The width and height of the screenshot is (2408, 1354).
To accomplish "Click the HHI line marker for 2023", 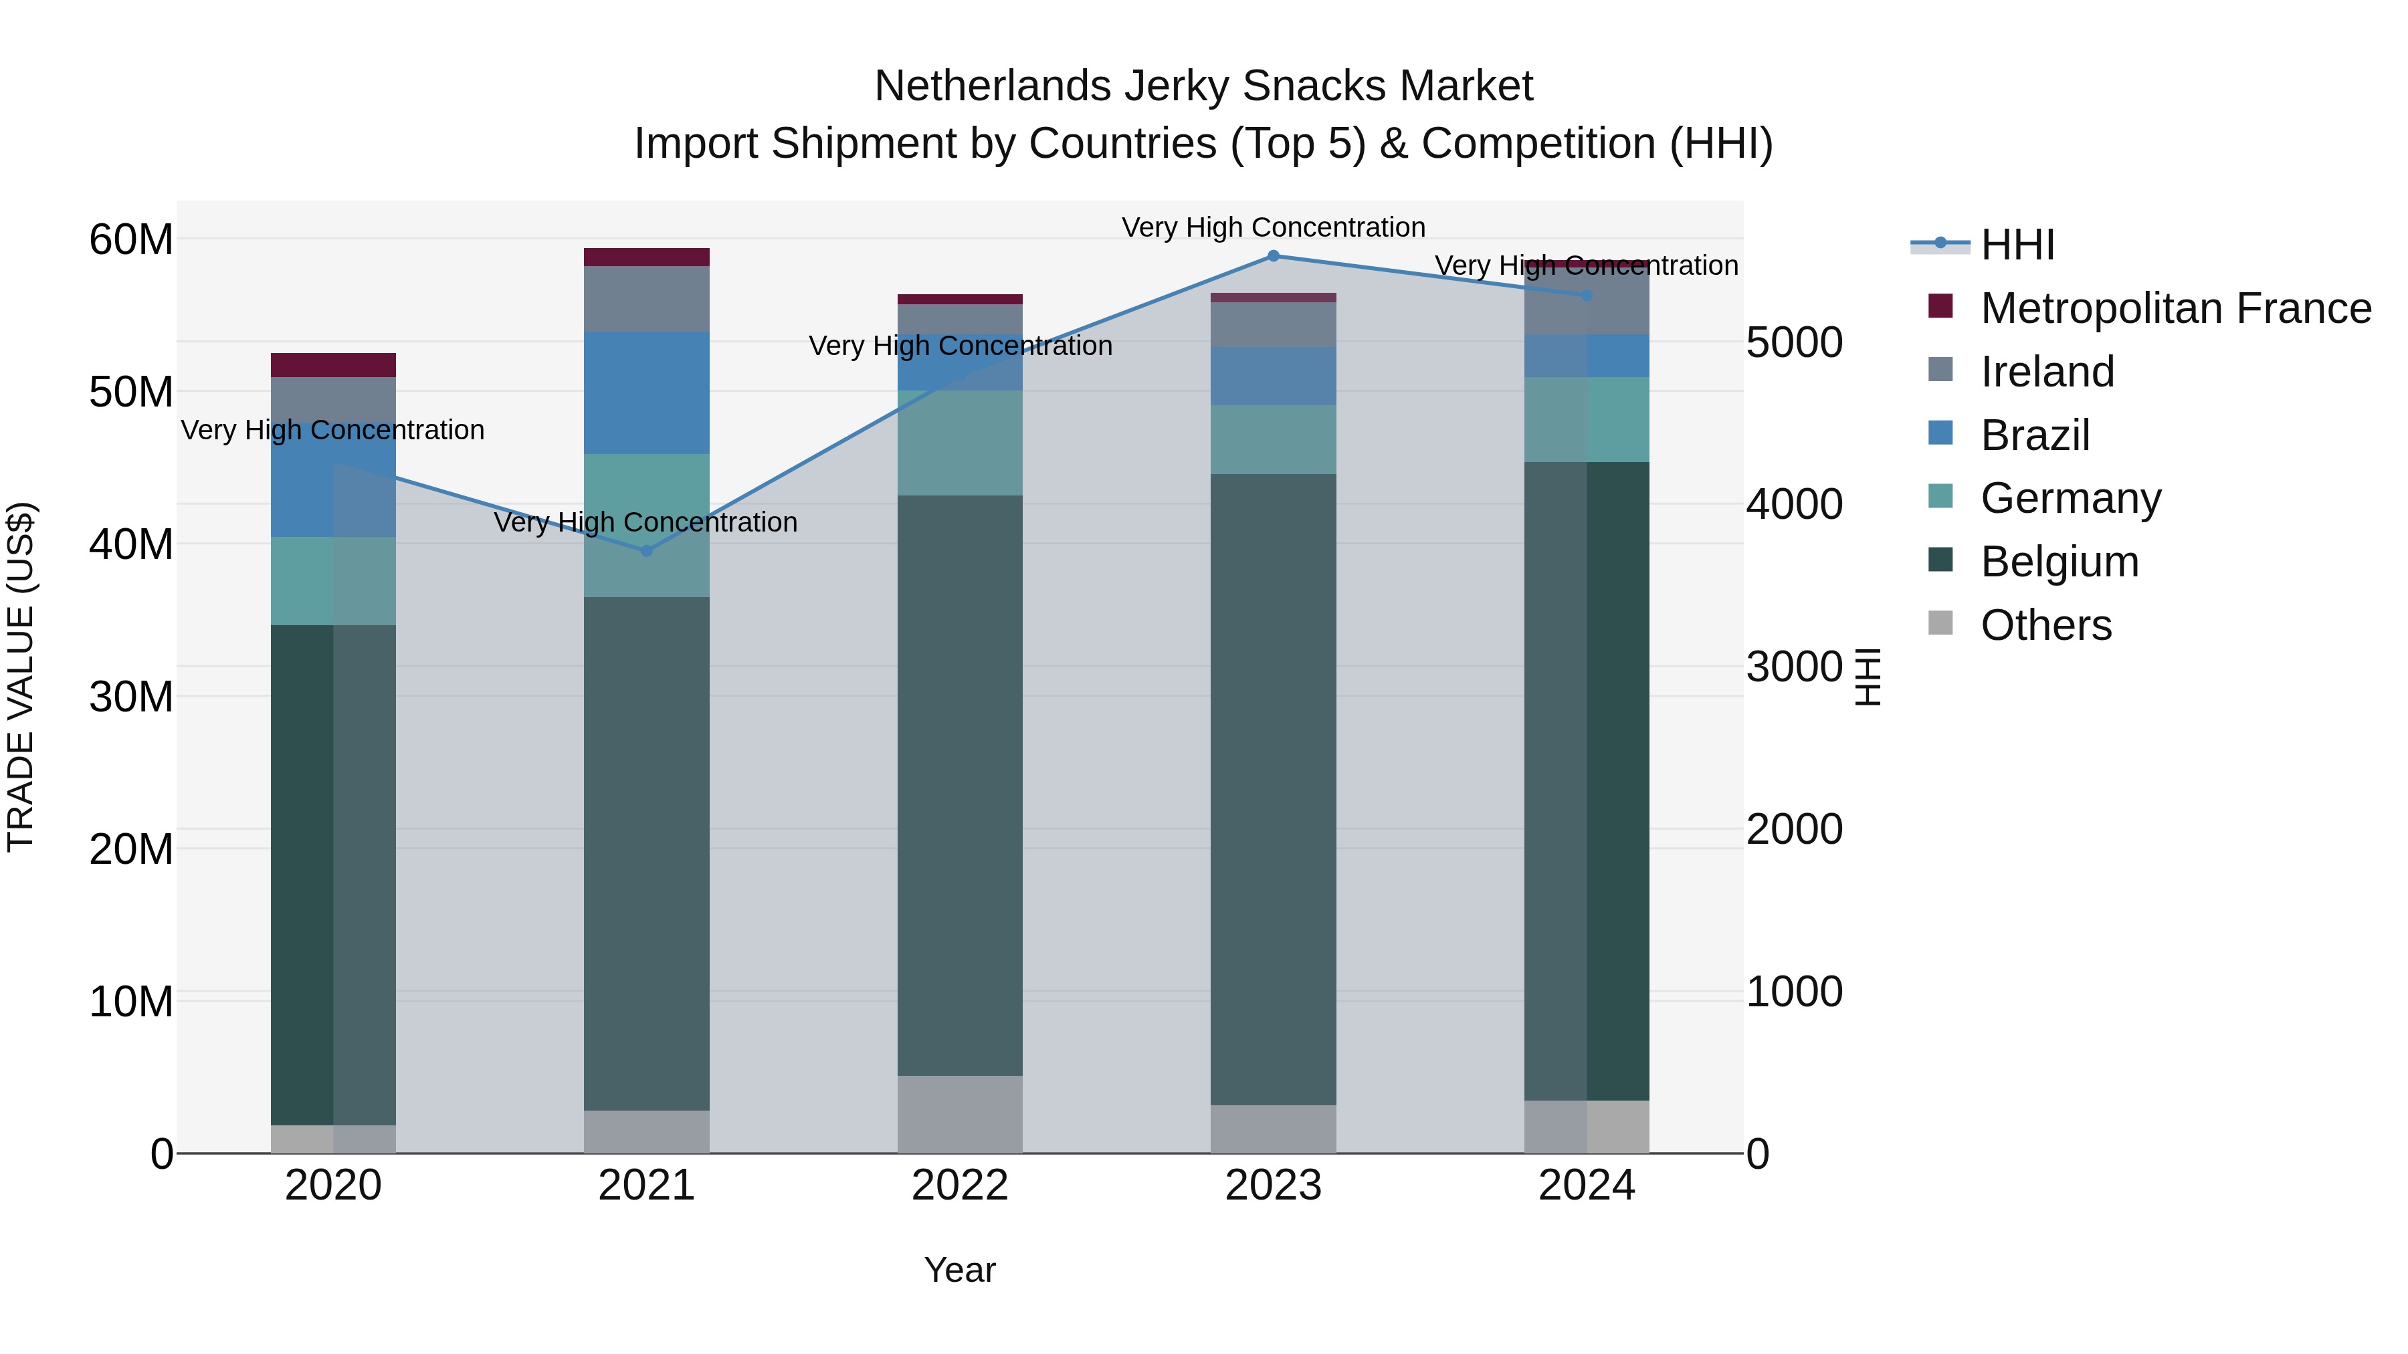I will [x=1273, y=256].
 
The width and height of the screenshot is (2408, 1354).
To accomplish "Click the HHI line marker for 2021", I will [x=646, y=550].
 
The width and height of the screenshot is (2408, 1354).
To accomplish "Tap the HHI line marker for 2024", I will [x=1587, y=296].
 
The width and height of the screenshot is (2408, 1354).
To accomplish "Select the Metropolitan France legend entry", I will [x=2175, y=308].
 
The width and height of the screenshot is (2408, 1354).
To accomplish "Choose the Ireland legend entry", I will [x=2047, y=372].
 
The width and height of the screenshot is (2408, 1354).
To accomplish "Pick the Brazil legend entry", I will [x=2035, y=435].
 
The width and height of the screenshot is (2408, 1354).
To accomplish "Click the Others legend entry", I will [x=2045, y=625].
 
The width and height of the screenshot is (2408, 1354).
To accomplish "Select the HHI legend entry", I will [x=2017, y=245].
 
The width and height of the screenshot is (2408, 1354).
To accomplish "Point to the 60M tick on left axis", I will [x=131, y=240].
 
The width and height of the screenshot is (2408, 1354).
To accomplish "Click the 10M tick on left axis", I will [x=131, y=1002].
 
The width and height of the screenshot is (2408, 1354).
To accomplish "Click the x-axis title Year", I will [x=959, y=1270].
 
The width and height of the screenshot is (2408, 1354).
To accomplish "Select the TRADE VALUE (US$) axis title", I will [x=21, y=677].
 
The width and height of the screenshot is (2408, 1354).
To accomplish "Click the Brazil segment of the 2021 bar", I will [x=646, y=392].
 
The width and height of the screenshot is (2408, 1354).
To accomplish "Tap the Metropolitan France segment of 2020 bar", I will [x=333, y=364].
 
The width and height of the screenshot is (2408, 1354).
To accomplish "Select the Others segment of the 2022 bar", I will [x=959, y=1114].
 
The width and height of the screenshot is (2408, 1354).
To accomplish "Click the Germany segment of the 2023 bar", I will [x=1273, y=439].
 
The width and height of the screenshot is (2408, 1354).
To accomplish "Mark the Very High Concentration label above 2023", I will [x=1273, y=227].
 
